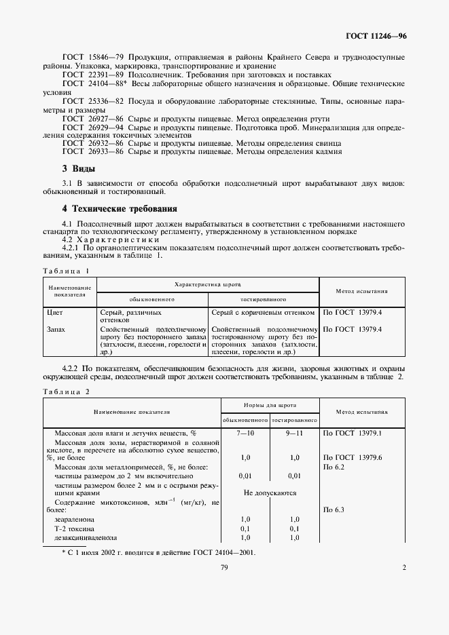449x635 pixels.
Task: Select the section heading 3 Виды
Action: click(x=78, y=168)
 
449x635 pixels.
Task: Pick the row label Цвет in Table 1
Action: click(x=54, y=313)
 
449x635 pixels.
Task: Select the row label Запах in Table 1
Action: click(x=56, y=329)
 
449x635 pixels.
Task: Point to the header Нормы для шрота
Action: click(x=270, y=404)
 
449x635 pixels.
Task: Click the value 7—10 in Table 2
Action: click(x=245, y=433)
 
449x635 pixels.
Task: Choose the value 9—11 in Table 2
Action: click(x=294, y=433)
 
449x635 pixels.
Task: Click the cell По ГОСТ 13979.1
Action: click(x=353, y=433)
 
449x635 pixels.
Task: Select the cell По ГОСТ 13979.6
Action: click(x=353, y=458)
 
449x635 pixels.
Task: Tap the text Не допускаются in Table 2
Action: click(x=270, y=493)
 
